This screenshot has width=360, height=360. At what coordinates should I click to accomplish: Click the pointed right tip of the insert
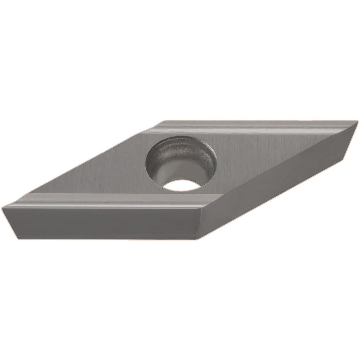357,123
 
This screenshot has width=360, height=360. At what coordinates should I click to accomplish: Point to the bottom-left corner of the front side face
18,238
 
